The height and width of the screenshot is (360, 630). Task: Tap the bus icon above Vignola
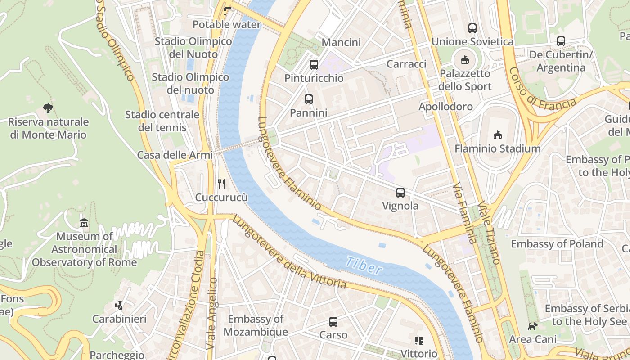coord(400,193)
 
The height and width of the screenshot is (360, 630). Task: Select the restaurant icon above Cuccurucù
coord(221,184)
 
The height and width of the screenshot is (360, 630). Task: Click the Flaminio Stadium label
coord(497,148)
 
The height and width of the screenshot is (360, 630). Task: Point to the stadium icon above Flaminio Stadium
coord(497,135)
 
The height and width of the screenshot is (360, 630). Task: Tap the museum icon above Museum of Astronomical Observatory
coord(84,223)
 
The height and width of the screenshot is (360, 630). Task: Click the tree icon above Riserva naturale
coord(48,108)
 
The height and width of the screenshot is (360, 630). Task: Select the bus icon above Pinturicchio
coord(314,64)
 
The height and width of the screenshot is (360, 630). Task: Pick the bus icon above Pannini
coord(308,99)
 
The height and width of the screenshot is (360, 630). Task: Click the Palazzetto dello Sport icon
coord(464,60)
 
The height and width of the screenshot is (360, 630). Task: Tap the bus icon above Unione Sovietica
coord(472,28)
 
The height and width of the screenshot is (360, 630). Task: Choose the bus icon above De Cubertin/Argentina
coord(561,41)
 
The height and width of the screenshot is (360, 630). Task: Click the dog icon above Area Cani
coord(532,326)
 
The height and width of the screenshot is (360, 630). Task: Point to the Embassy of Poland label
coord(557,244)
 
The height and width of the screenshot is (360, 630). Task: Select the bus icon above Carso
coord(333,322)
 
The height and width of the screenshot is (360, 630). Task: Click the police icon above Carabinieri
coord(119,306)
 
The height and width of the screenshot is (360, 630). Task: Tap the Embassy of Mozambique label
coord(256,325)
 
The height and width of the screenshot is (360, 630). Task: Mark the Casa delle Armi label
coord(175,155)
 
